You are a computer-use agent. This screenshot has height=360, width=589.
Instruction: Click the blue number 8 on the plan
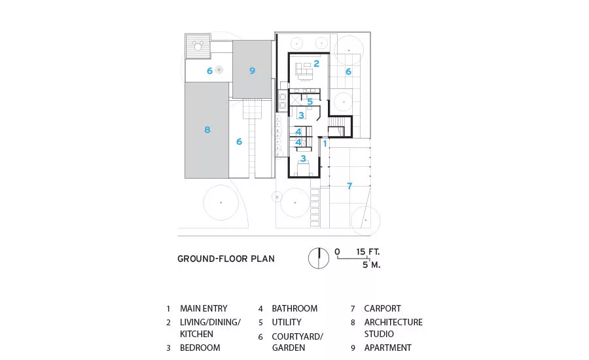(x=207, y=130)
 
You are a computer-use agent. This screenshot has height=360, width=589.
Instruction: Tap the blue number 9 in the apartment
(x=252, y=71)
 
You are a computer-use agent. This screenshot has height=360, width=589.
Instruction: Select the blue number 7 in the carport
(x=349, y=186)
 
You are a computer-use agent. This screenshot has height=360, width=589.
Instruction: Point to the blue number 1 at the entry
(x=325, y=143)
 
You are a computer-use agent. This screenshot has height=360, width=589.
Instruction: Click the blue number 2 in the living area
(x=316, y=64)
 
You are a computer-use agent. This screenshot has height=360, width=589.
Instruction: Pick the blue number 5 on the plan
(x=310, y=101)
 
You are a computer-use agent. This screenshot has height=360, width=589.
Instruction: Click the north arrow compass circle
(x=319, y=259)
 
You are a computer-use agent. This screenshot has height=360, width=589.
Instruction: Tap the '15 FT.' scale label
(x=368, y=252)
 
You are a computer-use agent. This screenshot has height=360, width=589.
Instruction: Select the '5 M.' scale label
(x=372, y=265)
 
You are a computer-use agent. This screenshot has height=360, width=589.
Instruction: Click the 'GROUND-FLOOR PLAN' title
(x=226, y=259)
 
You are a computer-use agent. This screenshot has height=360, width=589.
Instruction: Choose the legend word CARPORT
(x=382, y=308)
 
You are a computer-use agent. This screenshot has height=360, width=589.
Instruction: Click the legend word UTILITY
(x=287, y=323)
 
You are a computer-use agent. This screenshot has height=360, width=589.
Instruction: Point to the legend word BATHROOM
(x=294, y=308)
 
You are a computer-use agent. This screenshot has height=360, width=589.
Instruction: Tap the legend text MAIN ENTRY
(x=204, y=308)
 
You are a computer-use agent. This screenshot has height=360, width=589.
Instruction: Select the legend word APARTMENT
(x=387, y=348)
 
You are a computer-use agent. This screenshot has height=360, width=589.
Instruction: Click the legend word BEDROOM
(x=200, y=348)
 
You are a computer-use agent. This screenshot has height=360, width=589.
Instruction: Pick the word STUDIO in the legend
(x=379, y=334)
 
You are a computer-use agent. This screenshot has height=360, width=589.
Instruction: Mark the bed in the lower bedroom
(x=304, y=168)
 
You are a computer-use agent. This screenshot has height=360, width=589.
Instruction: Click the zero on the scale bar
(x=337, y=252)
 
